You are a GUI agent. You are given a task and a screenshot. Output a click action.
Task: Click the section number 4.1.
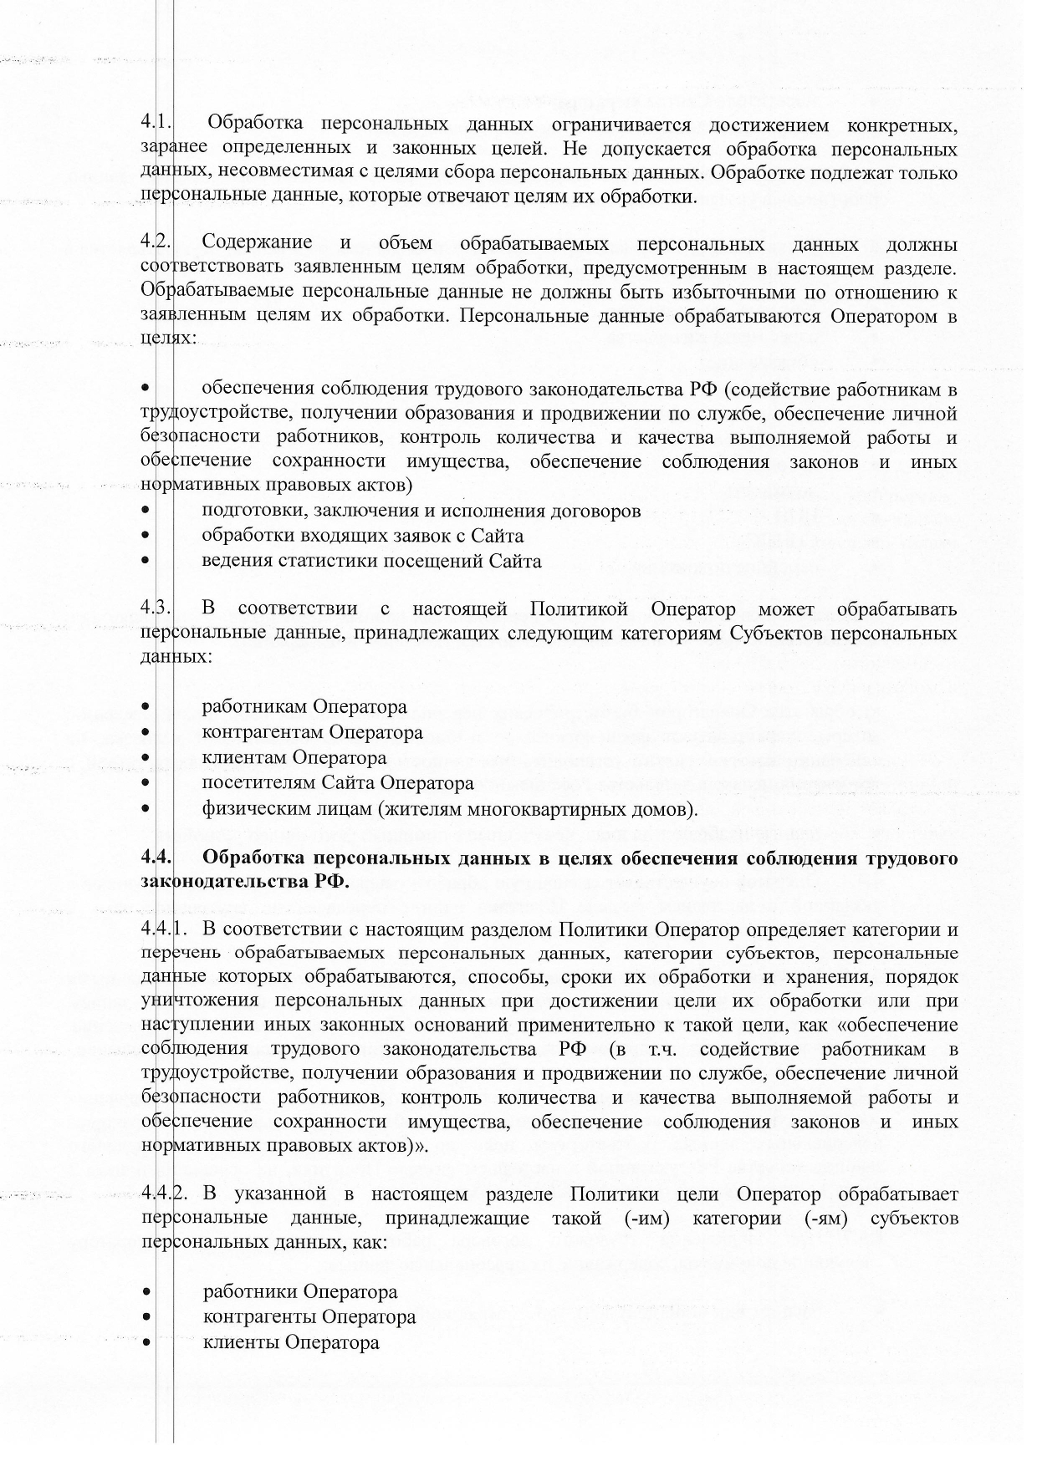pyautogui.click(x=156, y=125)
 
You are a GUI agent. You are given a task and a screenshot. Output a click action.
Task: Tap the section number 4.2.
pyautogui.click(x=156, y=244)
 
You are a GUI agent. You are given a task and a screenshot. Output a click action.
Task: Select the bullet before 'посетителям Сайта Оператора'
pyautogui.click(x=146, y=783)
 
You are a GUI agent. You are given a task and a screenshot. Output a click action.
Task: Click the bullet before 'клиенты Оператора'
pyautogui.click(x=146, y=1342)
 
